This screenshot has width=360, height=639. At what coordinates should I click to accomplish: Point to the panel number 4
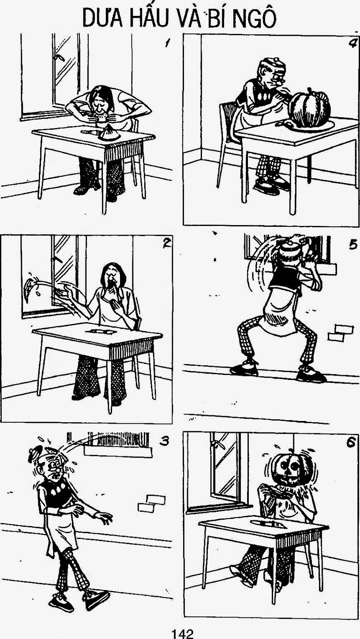point(352,43)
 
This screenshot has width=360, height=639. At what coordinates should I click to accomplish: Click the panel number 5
point(353,245)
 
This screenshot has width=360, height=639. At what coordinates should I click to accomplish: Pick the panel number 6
point(351,443)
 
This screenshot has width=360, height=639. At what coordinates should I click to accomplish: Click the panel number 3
point(164,441)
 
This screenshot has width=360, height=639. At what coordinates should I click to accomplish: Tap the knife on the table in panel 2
point(99,331)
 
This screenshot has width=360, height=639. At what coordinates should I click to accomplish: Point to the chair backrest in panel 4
point(228,120)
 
